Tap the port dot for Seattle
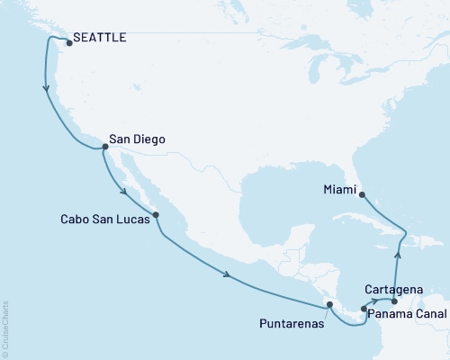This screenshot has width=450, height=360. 68,40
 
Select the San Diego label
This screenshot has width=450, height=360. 137,139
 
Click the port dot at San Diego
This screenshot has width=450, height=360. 104,146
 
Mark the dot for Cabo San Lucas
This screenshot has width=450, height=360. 157,215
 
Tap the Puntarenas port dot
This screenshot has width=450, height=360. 329,305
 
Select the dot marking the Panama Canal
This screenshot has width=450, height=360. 364,310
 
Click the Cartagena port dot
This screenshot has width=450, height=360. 394,301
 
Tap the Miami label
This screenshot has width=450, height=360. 338,189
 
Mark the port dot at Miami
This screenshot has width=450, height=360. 361,193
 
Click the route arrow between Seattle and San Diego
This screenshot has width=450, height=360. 45,88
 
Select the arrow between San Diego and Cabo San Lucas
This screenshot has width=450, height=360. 124,189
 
